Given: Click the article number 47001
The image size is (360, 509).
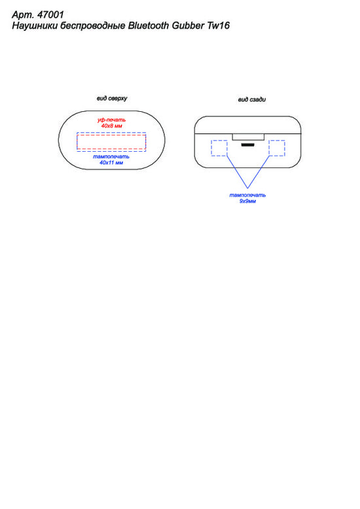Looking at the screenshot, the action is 50,14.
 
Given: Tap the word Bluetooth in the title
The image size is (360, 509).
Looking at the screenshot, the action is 148,26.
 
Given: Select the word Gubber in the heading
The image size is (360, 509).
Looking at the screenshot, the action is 188,26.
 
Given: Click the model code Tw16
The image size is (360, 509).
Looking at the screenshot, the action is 219,26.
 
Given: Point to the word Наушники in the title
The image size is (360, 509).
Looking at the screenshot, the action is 35,26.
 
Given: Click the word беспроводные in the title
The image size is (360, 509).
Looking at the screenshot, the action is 93,26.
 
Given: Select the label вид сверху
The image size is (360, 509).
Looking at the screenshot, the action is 112,98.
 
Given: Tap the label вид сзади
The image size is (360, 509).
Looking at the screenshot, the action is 252,99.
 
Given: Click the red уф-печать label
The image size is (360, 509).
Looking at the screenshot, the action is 111,120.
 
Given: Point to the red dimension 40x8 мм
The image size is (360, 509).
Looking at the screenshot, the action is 111,126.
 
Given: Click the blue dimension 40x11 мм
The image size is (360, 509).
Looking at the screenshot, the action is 111,162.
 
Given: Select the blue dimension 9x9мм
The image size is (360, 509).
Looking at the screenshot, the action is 247,201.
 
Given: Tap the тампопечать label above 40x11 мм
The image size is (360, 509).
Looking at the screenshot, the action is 111,157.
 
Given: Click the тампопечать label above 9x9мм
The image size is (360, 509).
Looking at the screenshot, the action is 247,195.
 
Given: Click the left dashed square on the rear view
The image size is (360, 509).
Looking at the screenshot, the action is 219,148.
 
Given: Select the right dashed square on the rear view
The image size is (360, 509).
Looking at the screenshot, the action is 277,148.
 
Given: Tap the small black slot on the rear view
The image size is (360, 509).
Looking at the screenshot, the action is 247,145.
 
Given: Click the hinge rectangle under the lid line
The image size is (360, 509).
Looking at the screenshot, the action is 248,137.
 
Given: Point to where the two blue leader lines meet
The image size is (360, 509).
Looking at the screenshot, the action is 248,188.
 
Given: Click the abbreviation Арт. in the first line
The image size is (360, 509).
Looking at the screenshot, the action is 23,15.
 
